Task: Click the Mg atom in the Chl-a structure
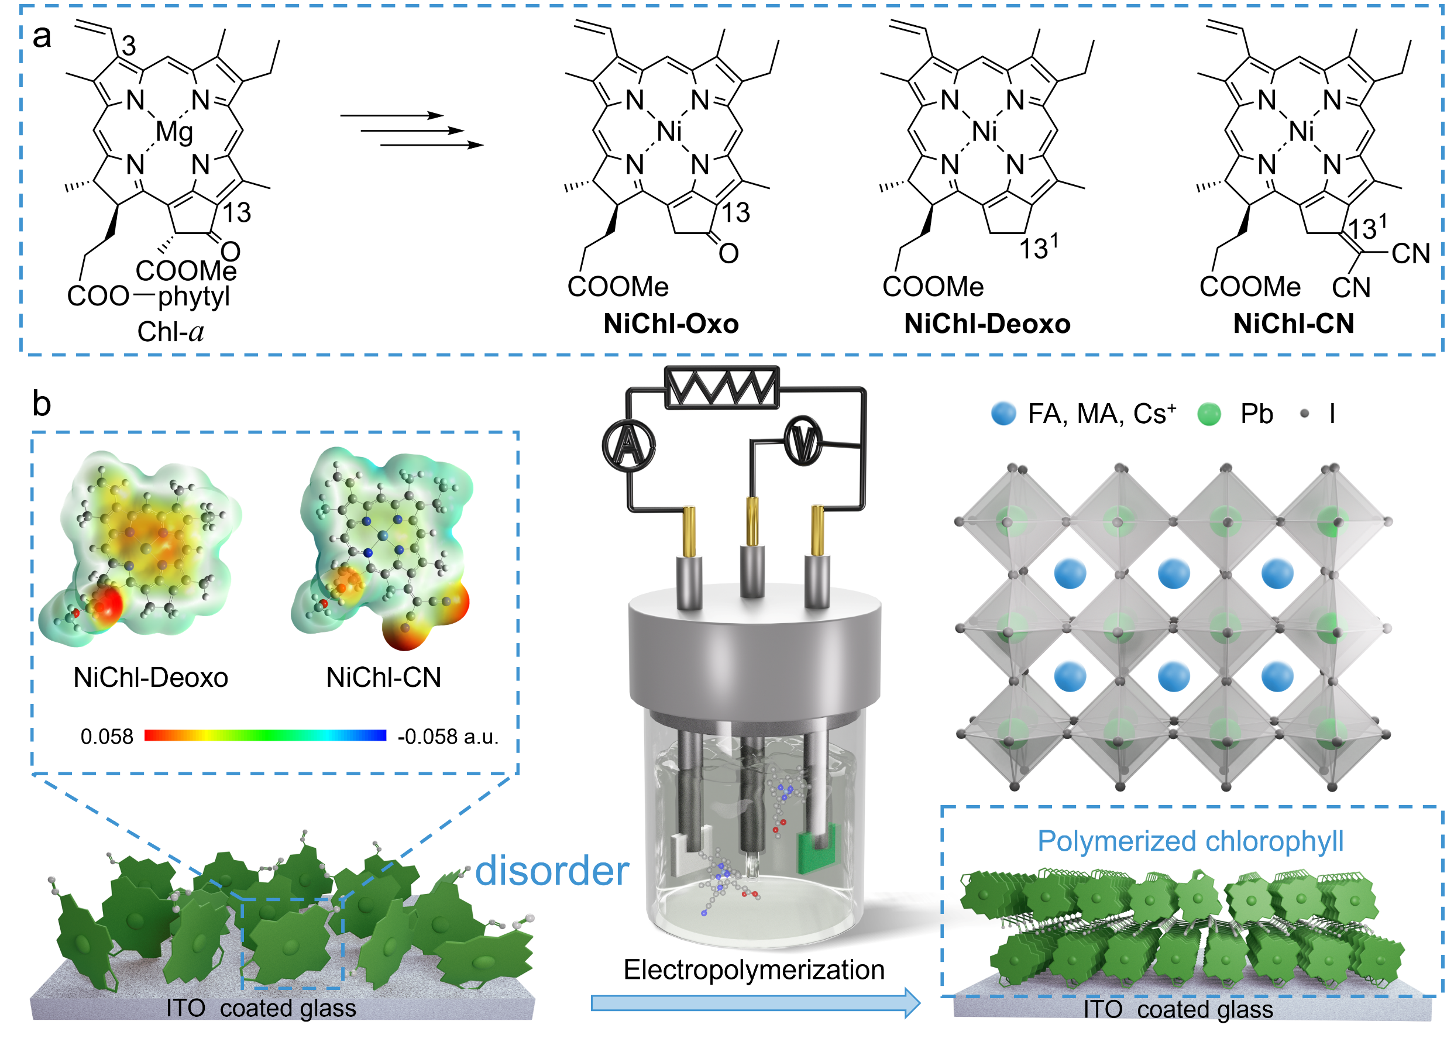coord(174,133)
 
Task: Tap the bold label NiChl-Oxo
coord(671,324)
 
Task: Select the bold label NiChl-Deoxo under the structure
coord(986,324)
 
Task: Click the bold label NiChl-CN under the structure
coord(1293,324)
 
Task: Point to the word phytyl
coord(194,296)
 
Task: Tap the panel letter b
coord(42,404)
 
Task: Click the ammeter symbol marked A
coord(629,445)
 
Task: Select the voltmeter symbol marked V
coord(804,441)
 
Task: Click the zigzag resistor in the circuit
coord(722,388)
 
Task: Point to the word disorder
coord(552,871)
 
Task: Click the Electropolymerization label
coord(754,970)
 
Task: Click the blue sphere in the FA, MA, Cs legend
coord(1003,414)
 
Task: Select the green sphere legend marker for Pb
coord(1208,414)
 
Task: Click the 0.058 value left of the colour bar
coord(106,737)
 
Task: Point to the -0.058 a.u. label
coord(448,737)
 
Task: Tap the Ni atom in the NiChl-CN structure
coord(1301,132)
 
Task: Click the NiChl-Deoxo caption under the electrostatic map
coord(150,678)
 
